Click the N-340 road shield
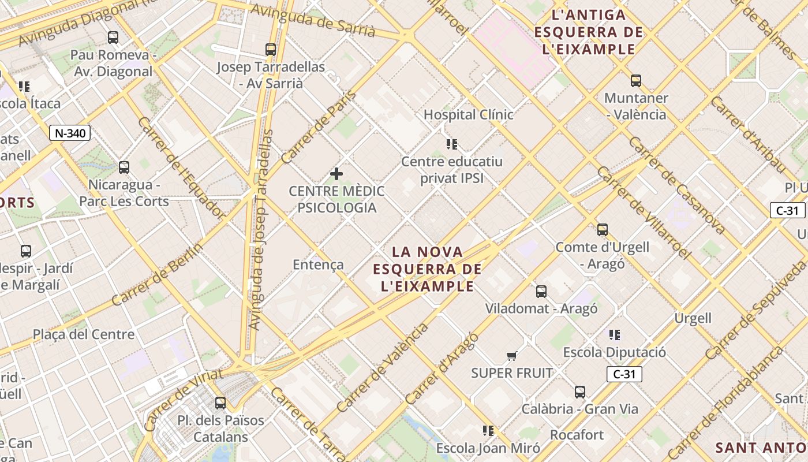(70, 133)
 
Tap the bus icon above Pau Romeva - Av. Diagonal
(113, 38)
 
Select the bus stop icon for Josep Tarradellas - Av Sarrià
(271, 50)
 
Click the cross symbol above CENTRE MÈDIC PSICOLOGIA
(336, 174)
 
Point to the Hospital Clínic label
(468, 114)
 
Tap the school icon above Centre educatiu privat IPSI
(452, 144)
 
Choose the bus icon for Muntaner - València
(636, 81)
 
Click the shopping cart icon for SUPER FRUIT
(511, 356)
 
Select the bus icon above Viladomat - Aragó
(541, 292)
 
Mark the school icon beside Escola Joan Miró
(488, 430)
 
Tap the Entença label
(318, 264)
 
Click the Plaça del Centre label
(84, 334)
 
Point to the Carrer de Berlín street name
(157, 275)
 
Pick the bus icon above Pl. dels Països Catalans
(220, 403)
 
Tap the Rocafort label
(577, 434)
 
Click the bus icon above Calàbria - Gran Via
(580, 392)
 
